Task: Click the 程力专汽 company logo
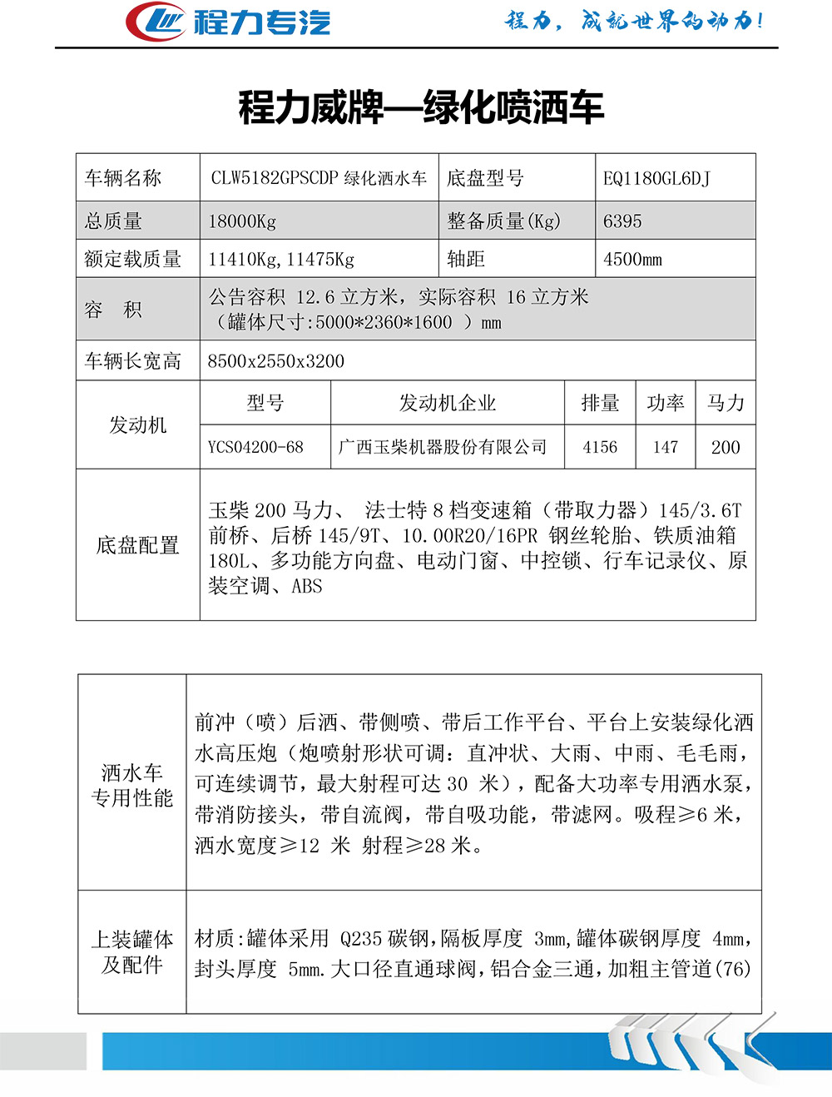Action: tap(228, 22)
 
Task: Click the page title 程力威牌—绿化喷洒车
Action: tap(421, 107)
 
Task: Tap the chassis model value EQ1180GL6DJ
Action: tap(656, 178)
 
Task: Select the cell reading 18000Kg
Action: tap(242, 221)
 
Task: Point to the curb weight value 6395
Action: tap(622, 221)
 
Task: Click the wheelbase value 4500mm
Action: tap(632, 259)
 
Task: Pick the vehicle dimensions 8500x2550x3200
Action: tap(275, 361)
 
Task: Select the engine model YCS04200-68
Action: tap(255, 447)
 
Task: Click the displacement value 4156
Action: tap(600, 447)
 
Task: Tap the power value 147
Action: tap(665, 447)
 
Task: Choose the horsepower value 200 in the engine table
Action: tap(726, 447)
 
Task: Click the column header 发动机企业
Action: tap(448, 404)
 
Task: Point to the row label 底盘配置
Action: tap(138, 545)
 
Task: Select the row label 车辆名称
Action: tap(123, 178)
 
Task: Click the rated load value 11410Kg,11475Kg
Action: tap(281, 259)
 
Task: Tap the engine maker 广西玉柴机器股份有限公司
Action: tap(443, 447)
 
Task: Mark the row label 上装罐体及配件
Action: tap(132, 952)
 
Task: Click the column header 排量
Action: tap(600, 404)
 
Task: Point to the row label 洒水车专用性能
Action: tap(132, 785)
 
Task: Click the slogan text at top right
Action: tap(634, 21)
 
